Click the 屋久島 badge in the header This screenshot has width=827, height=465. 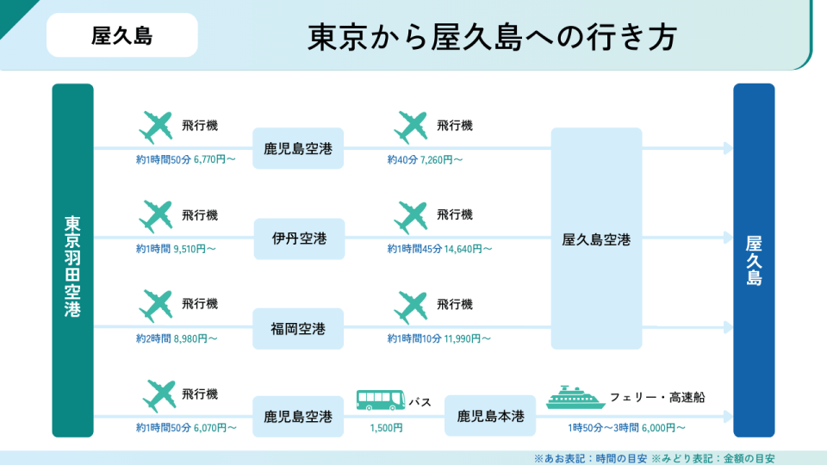click(x=121, y=35)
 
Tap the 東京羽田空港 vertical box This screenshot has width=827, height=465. click(x=72, y=260)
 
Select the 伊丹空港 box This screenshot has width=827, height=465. click(x=299, y=239)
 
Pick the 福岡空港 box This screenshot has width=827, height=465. click(x=298, y=329)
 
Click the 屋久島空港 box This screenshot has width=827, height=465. click(x=596, y=239)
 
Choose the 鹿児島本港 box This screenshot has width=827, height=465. click(x=490, y=416)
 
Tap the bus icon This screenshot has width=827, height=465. click(x=380, y=400)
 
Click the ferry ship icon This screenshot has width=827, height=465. click(x=572, y=397)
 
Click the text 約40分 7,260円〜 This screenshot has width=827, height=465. click(x=425, y=159)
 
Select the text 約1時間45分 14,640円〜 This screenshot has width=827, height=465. click(x=439, y=249)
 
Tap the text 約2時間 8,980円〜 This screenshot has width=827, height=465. click(x=177, y=338)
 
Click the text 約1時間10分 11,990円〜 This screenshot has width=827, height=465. click(x=438, y=338)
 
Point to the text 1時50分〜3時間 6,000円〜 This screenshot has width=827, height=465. click(x=626, y=428)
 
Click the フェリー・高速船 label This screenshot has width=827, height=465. click(x=656, y=397)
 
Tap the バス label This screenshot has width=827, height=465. click(x=420, y=401)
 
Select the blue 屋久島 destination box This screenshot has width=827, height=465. click(x=754, y=260)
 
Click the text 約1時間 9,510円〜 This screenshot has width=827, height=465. click(x=176, y=249)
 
